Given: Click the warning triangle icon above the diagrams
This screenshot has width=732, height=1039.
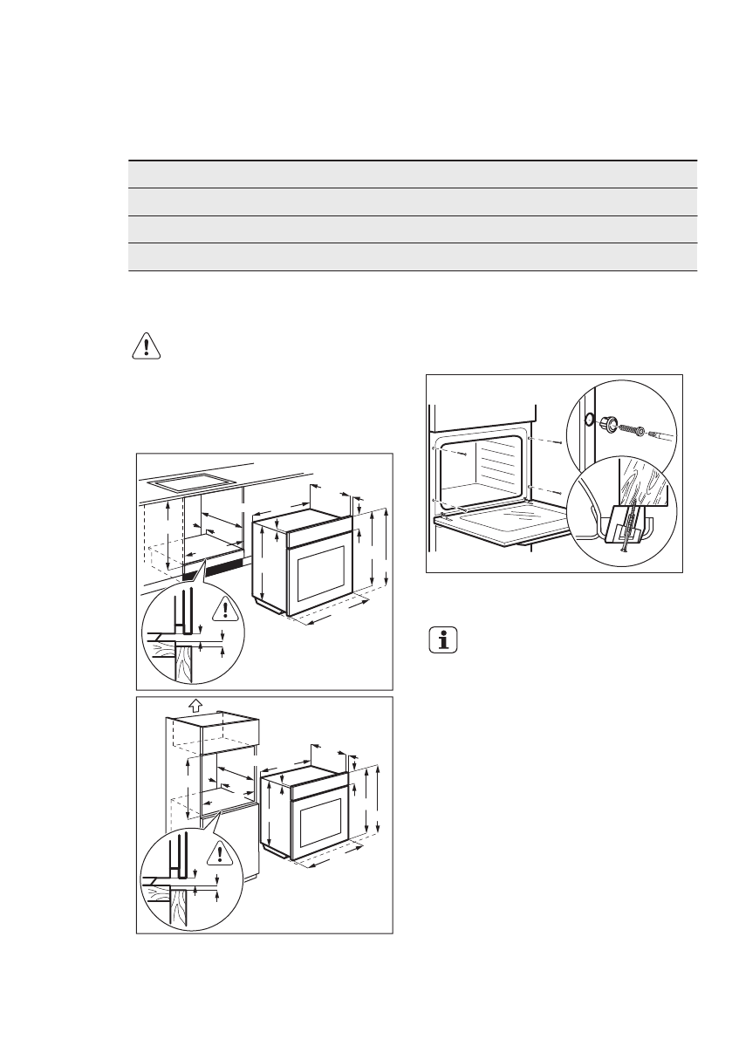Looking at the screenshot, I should click(x=147, y=345).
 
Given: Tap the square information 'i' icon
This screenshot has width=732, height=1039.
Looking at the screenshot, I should click(x=445, y=641).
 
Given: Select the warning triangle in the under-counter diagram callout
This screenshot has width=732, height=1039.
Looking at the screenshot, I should click(x=226, y=609).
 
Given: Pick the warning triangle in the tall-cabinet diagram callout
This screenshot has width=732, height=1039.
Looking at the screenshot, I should click(x=222, y=852).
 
